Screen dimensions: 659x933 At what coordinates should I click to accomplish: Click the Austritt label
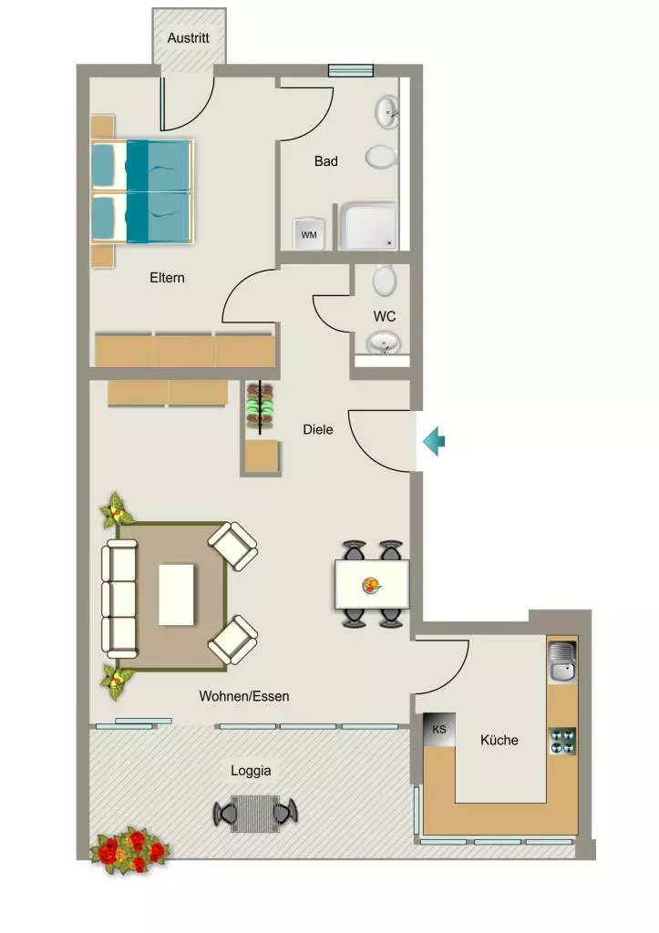point(188,37)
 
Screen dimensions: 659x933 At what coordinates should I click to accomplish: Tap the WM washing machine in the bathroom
point(308,234)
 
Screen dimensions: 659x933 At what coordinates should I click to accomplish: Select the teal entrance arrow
point(434,442)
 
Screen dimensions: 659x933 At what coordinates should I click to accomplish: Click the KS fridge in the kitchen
point(438,730)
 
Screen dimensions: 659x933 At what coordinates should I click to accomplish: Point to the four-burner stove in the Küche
point(562,742)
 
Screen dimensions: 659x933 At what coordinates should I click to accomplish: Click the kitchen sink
point(562,663)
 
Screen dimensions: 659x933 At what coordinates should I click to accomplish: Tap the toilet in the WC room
point(385,281)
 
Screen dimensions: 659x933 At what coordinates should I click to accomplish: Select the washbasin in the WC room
point(383,343)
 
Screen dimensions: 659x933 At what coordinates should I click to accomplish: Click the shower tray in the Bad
point(368,227)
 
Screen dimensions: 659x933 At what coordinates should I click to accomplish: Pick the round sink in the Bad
point(386,111)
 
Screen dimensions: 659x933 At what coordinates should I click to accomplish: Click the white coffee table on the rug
point(176,594)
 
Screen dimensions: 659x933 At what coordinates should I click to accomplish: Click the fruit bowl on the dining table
point(372,586)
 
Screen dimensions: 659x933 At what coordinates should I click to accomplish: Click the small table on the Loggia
point(255,814)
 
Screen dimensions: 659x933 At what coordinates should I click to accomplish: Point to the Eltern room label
point(167,277)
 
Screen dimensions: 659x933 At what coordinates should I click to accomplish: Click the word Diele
point(318,429)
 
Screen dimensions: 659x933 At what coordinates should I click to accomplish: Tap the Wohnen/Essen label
point(244,696)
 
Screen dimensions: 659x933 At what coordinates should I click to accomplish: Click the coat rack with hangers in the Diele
point(260,405)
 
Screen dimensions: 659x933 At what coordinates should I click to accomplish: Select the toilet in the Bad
point(381,157)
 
